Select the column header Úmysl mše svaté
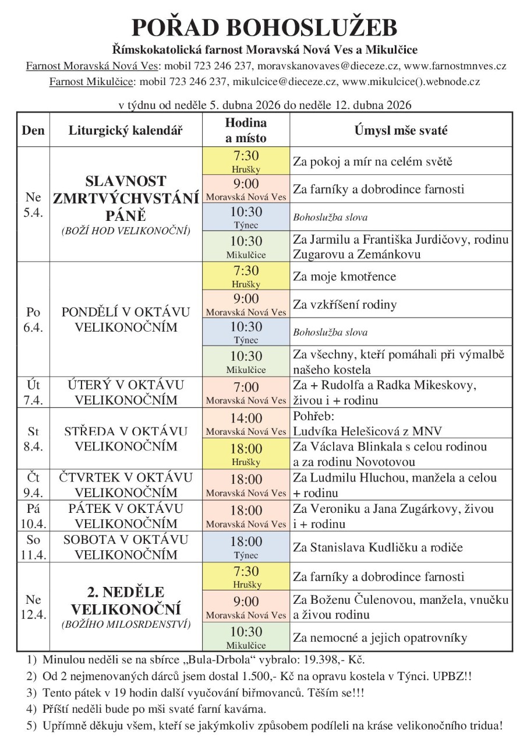pyautogui.click(x=401, y=131)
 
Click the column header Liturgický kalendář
pyautogui.click(x=126, y=131)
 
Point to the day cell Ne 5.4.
pyautogui.click(x=33, y=205)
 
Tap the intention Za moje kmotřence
pyautogui.click(x=344, y=276)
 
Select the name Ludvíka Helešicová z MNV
pyautogui.click(x=367, y=431)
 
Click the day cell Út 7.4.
pyautogui.click(x=33, y=392)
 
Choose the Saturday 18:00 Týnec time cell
pyautogui.click(x=246, y=547)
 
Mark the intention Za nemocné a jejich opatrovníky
pyautogui.click(x=380, y=637)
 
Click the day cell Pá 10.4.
pyautogui.click(x=33, y=516)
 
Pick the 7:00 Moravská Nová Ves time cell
pyautogui.click(x=246, y=392)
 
